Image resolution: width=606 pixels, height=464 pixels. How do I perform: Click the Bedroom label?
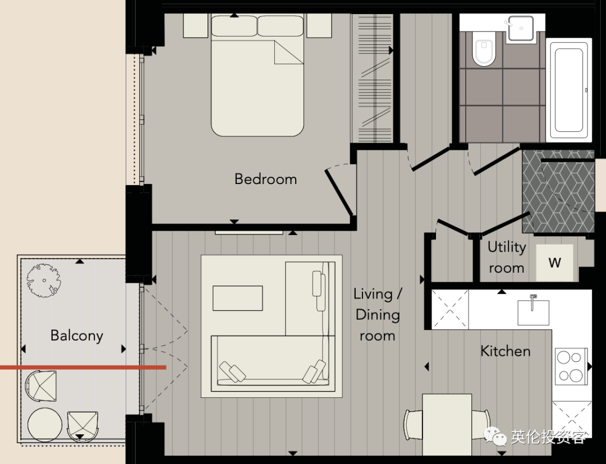point(265,179)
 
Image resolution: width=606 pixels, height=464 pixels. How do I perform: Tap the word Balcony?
point(76,336)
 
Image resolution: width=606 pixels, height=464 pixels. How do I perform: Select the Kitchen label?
point(505,351)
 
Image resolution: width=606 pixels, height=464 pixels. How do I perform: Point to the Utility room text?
point(506,258)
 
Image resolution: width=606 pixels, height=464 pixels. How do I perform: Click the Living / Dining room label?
point(378,315)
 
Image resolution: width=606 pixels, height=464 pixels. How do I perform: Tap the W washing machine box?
point(554,263)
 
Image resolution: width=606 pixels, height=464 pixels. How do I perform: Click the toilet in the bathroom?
point(484,48)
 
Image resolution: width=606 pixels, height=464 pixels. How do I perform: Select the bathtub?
point(568,90)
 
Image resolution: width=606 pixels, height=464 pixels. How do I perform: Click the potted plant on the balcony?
point(43,281)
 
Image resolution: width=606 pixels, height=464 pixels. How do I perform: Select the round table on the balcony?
point(44,425)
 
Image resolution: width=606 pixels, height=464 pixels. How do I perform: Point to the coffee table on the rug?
point(238,298)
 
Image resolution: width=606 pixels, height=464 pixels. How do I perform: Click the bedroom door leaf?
point(339,192)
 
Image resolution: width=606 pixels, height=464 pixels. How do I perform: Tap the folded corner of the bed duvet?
point(289,52)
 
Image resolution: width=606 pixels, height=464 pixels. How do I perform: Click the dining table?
point(447,425)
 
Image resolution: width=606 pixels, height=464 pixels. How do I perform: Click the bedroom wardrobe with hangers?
point(372,78)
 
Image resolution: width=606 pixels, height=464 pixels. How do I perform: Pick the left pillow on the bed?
point(234,26)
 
